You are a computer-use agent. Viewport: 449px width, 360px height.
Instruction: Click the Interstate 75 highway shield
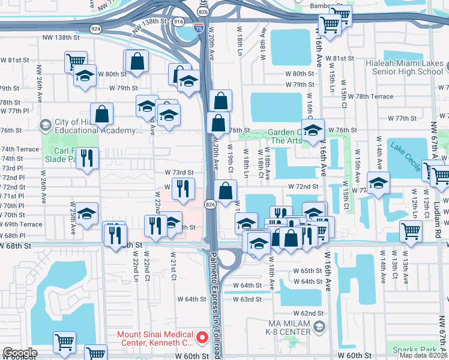198,27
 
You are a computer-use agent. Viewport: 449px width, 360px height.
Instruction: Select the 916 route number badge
178,21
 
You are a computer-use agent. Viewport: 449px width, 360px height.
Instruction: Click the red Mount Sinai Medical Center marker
202,338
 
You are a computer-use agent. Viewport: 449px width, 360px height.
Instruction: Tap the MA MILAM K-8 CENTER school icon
319,326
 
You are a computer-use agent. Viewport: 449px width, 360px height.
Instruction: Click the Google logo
19,353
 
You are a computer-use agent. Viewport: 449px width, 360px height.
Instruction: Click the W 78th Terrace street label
366,96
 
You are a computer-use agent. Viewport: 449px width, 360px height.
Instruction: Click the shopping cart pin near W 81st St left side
76,61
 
